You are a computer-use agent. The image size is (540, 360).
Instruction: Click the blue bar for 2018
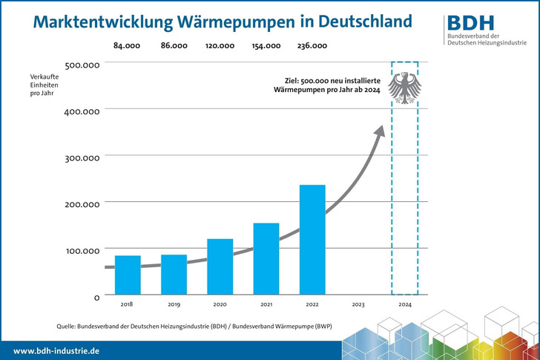point(128,275)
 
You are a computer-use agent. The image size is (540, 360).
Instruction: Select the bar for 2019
point(174,274)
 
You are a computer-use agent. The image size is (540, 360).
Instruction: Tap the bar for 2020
point(220,266)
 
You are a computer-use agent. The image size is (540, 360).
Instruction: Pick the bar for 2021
point(266,258)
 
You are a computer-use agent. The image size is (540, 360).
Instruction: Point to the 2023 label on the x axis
point(358,304)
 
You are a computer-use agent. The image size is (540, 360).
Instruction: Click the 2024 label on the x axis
point(404,304)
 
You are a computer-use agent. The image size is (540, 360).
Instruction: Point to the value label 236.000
point(312,46)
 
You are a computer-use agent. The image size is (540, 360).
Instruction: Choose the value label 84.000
point(128,46)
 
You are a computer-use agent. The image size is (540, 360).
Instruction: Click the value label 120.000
point(220,46)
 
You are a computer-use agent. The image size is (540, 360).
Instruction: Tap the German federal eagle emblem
point(404,89)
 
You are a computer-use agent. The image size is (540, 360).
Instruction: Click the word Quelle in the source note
point(67,325)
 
